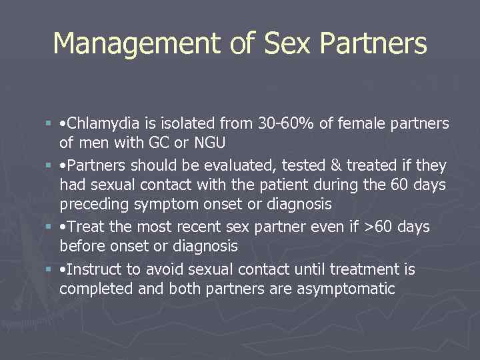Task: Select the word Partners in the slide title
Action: (373, 44)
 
